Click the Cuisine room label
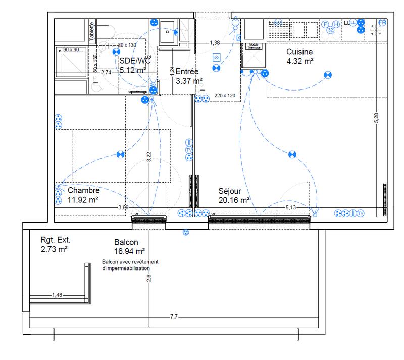(300, 52)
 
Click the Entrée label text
(187, 72)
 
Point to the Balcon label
(126, 242)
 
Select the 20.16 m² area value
(234, 200)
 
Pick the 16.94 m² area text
(130, 251)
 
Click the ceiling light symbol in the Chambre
(120, 154)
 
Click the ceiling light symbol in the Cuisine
(328, 76)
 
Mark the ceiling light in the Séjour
(291, 154)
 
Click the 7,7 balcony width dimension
(173, 317)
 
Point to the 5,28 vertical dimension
(376, 116)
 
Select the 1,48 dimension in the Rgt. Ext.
(57, 295)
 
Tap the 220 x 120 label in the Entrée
(225, 95)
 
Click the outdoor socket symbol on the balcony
(185, 233)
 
